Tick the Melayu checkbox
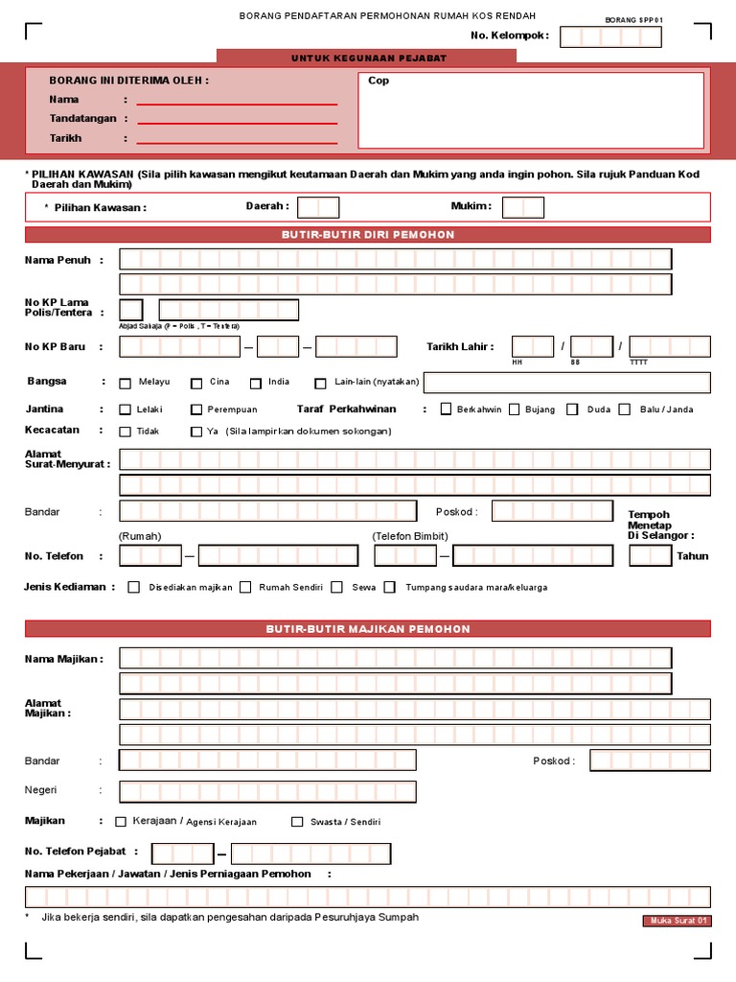tap(126, 384)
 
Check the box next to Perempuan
tap(196, 410)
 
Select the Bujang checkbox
tap(515, 409)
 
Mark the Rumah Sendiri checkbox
tap(246, 587)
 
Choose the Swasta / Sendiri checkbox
tap(297, 822)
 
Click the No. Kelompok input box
tap(610, 36)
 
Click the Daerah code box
tap(318, 207)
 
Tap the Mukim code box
tap(523, 207)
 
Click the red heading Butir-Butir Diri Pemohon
tap(368, 235)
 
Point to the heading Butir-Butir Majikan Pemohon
tap(368, 629)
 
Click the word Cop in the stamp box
tap(379, 82)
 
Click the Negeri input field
tap(268, 792)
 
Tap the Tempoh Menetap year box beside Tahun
tap(650, 556)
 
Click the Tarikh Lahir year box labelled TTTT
tap(670, 346)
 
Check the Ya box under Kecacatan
tap(196, 432)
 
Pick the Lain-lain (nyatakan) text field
tap(567, 383)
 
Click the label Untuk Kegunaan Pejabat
tap(369, 58)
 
